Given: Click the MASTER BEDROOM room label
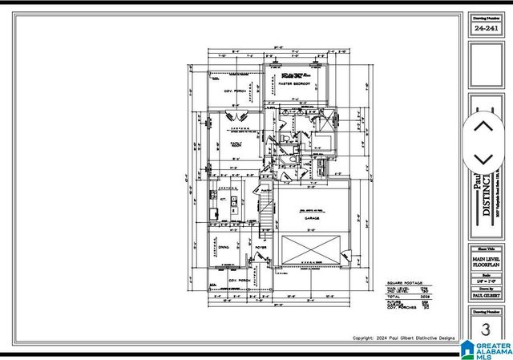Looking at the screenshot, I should coord(295,83).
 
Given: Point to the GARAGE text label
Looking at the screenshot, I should coord(312,217).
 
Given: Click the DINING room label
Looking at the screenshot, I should coord(224,247).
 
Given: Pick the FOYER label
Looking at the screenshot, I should coord(261,248).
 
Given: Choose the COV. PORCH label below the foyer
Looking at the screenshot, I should coord(238,281).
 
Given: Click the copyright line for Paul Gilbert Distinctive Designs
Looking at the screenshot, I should coord(403,338).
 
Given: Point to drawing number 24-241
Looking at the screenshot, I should coord(485,27).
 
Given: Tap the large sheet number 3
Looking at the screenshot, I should coord(485,330).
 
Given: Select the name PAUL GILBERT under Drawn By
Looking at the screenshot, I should coord(485,295).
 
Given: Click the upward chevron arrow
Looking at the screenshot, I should coord(483,126).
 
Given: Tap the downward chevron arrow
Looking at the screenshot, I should coord(483,160).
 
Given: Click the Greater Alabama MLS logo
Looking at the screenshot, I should coord(486,349).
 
